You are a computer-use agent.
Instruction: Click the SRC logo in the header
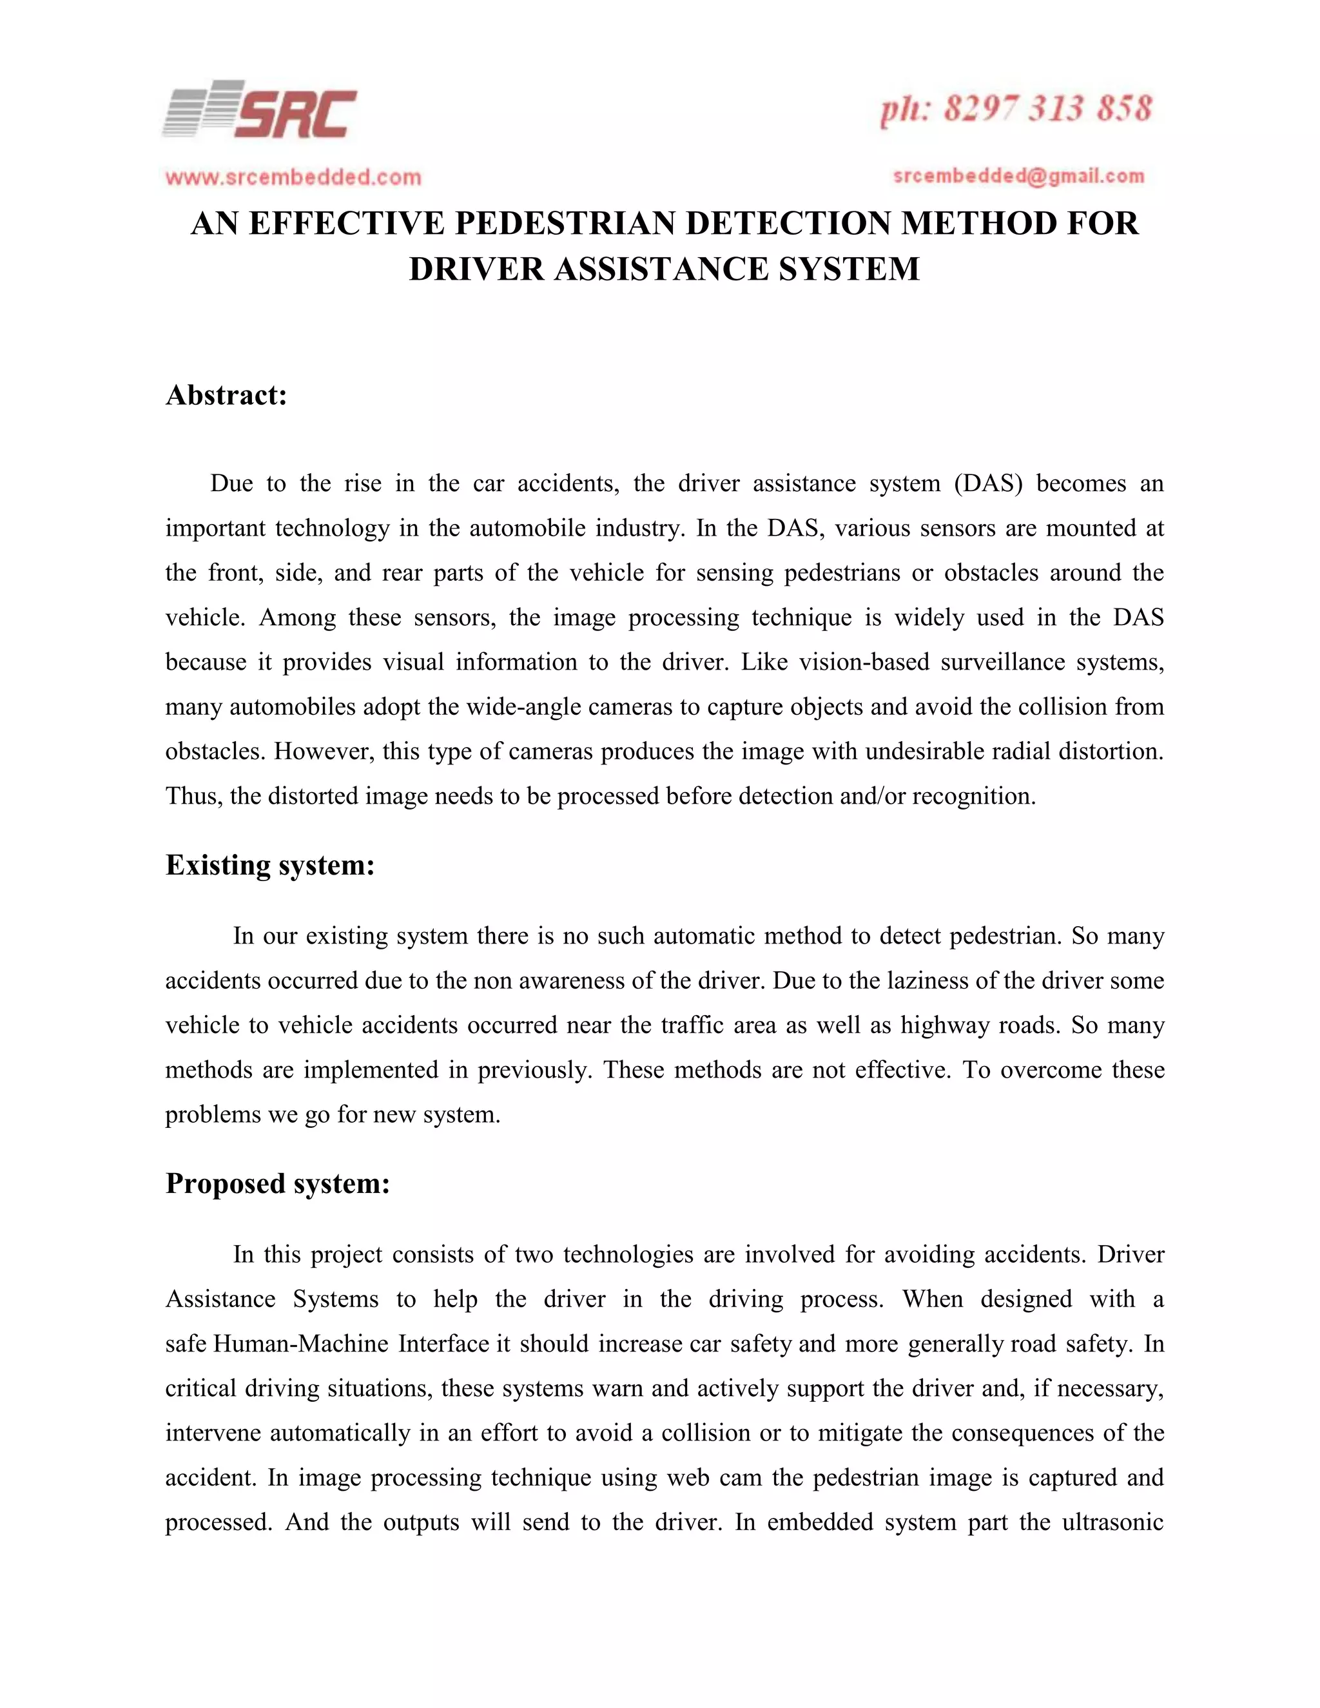click(x=260, y=110)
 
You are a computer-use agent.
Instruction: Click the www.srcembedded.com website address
click(x=293, y=177)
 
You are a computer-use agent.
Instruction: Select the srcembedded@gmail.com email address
click(x=1018, y=176)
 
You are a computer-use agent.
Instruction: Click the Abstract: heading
click(x=227, y=395)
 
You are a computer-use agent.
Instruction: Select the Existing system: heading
click(x=270, y=865)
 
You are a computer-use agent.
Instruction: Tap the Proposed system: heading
click(x=278, y=1183)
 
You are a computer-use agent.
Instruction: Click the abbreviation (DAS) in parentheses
click(x=987, y=483)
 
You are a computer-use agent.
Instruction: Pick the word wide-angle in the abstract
click(x=524, y=707)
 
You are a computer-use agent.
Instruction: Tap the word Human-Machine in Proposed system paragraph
click(x=300, y=1344)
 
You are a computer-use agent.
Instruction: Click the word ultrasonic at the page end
click(x=1112, y=1522)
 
